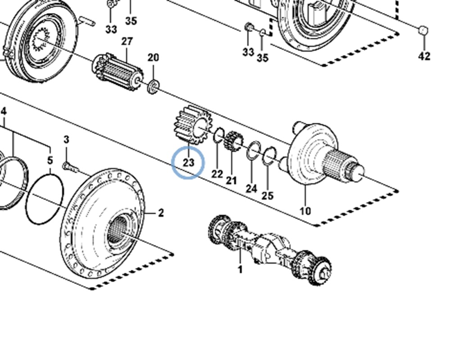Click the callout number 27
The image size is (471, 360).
point(127,41)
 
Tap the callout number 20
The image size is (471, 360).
point(153,57)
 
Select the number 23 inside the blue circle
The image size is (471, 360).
point(189,162)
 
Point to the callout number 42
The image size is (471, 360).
point(424,56)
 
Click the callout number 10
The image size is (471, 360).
point(305,211)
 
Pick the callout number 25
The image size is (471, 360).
point(267,196)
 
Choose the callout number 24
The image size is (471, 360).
point(251,189)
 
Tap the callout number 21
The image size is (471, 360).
point(231,181)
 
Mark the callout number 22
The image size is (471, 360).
point(217,174)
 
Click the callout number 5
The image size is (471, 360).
point(50,160)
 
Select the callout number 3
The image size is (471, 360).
point(66,139)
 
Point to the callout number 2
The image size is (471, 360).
point(161,213)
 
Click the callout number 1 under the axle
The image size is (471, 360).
point(240,269)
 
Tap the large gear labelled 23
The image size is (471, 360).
point(193,125)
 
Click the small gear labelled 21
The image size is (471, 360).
point(234,141)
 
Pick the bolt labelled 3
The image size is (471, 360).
point(70,167)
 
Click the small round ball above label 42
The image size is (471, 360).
point(423,31)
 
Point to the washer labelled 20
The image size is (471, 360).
point(154,87)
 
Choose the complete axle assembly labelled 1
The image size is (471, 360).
point(270,250)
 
